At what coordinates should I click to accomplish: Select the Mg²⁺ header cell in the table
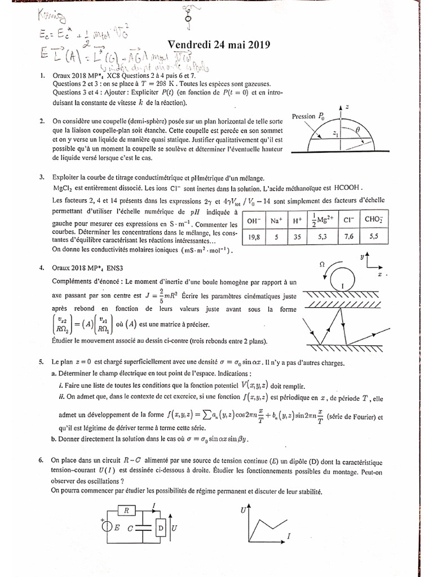click(x=337, y=221)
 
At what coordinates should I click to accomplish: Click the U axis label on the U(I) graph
click(x=243, y=510)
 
